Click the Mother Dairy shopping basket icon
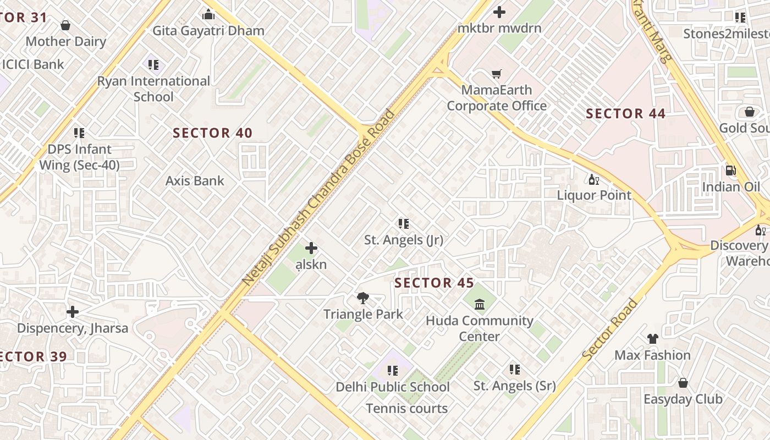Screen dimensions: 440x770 65,25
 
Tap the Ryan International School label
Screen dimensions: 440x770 153,89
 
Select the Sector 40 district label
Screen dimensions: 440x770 212,133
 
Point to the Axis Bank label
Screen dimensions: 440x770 195,180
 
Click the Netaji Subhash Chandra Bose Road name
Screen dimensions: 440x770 318,198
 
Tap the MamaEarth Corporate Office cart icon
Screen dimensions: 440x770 497,74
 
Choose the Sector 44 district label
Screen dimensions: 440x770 625,114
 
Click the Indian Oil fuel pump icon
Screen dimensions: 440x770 730,171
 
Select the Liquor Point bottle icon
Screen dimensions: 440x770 594,179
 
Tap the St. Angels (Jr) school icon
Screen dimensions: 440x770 404,224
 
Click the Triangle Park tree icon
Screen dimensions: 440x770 362,298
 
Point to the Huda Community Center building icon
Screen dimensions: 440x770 480,304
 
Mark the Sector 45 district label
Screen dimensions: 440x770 434,283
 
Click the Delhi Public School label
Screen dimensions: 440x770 393,387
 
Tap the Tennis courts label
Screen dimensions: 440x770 407,408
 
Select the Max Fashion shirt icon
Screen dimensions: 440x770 652,339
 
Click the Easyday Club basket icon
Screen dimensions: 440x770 683,383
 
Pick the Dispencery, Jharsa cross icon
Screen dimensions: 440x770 72,312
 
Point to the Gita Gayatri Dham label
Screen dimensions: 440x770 208,31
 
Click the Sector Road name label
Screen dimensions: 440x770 610,330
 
